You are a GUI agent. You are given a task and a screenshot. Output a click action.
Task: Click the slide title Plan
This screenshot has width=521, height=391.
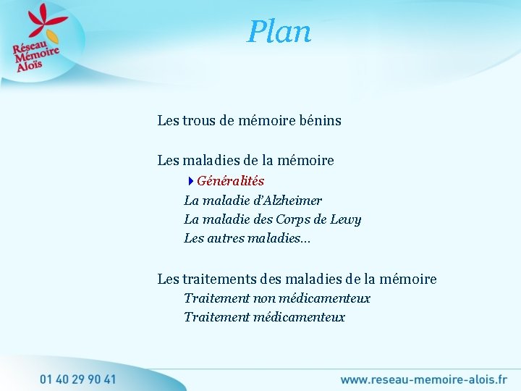(x=279, y=32)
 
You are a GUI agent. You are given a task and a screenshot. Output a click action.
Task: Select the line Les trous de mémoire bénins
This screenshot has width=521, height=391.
(x=249, y=121)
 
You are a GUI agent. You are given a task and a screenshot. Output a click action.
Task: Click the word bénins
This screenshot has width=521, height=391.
(x=318, y=121)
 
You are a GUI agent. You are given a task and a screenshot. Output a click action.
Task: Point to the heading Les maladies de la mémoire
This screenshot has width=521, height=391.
(x=245, y=161)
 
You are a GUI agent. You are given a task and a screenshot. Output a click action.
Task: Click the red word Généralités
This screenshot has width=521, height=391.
(x=230, y=181)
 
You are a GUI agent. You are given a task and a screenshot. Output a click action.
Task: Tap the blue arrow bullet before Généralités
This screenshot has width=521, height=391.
(x=190, y=181)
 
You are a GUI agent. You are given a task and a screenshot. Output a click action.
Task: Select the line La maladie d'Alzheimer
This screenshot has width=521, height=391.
(x=253, y=201)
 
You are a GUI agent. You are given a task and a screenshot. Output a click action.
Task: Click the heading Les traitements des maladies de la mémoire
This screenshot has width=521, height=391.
(x=297, y=279)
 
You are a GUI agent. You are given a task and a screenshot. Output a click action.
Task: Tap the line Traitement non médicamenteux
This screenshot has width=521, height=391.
(x=276, y=298)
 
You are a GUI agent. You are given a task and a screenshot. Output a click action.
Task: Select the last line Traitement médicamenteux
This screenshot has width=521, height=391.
(x=264, y=317)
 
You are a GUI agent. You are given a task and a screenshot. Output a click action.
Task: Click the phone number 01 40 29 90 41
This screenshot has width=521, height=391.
(x=77, y=379)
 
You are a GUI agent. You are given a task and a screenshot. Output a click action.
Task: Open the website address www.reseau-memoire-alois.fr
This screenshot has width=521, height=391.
(x=423, y=379)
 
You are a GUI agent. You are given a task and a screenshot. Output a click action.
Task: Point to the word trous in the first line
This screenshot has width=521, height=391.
(x=200, y=121)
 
